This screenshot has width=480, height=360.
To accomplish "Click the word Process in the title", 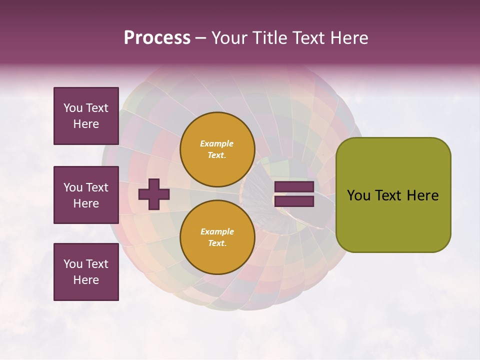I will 157,38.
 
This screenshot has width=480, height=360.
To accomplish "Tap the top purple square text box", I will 86,116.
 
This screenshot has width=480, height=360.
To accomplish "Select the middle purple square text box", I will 86,195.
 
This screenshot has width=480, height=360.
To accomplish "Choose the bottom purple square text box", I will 86,272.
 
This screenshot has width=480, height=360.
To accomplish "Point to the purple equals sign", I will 294,194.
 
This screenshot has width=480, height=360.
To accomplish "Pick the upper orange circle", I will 217,149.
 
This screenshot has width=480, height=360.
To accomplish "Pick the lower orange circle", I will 217,237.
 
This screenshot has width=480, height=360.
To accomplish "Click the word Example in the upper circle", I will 217,143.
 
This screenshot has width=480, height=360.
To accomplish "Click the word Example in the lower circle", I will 217,231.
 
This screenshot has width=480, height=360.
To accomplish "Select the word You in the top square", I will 73,108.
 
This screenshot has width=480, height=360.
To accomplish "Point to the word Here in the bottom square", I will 86,280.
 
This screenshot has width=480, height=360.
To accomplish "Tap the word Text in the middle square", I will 97,187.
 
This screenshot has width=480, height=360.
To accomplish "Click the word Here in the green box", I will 422,195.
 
